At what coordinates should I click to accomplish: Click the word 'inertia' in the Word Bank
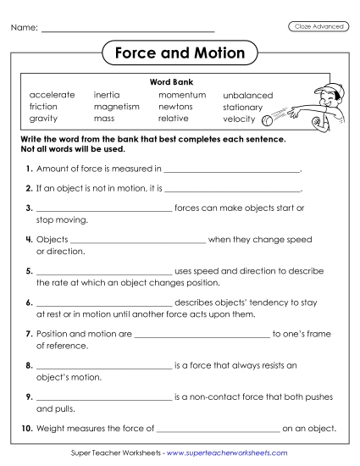coord(107,95)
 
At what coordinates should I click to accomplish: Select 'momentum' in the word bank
coord(176,95)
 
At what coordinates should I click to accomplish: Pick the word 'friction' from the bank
coord(43,107)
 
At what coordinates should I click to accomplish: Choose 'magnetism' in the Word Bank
coord(116,107)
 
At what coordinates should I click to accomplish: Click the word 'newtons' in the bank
coord(175,107)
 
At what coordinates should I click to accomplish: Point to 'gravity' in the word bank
coord(42,119)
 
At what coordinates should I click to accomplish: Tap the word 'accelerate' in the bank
coord(52,95)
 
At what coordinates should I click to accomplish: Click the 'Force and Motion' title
coord(180,54)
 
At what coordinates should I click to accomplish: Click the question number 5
coord(30,271)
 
